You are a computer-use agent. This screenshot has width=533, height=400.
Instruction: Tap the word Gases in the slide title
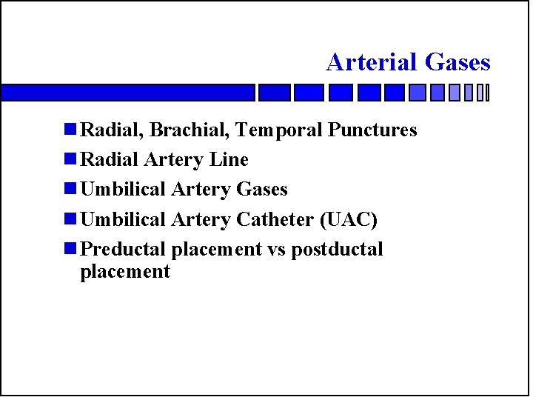(x=457, y=62)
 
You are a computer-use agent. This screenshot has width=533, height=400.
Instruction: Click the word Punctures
(x=373, y=130)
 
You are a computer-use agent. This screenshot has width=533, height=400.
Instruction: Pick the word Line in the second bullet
(x=230, y=160)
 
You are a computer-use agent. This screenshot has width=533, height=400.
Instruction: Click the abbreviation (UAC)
(x=347, y=220)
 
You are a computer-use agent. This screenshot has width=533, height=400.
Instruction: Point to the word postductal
(x=337, y=250)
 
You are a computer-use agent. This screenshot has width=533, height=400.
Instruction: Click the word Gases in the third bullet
(x=261, y=190)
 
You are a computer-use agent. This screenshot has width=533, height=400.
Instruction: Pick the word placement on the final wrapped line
(x=124, y=272)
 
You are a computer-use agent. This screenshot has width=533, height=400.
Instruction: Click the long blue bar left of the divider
(x=127, y=93)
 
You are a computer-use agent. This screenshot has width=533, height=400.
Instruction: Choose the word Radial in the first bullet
(x=112, y=130)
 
